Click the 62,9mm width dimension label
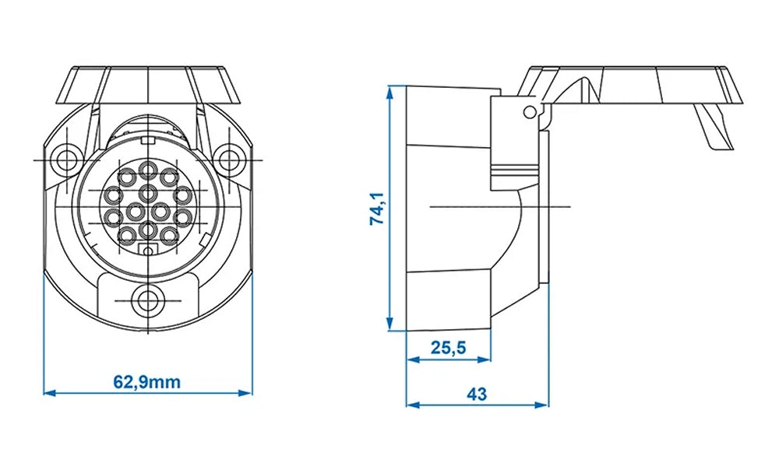coord(147,382)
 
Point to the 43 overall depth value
coord(478,395)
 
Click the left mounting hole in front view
coord(64,160)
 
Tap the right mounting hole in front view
coord(229,160)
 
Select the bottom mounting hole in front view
coord(146,300)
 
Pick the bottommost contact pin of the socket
coord(148,230)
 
